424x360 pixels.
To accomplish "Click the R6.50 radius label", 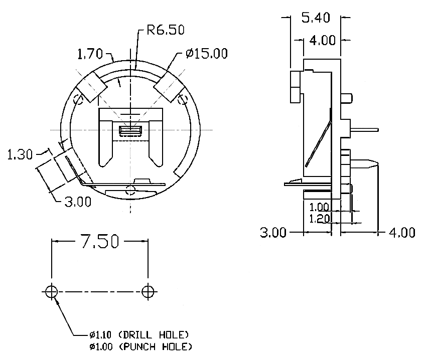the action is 166,30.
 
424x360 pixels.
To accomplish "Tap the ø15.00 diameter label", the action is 207,54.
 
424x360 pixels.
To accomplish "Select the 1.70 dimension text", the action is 90,54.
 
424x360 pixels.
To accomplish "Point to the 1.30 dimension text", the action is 20,155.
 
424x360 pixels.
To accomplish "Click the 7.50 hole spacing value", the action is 100,241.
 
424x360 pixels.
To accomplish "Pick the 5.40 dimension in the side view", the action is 316,18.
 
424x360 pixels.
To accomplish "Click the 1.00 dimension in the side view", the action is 319,208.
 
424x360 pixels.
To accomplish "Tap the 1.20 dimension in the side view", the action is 319,219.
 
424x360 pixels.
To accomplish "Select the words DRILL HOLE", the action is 154,335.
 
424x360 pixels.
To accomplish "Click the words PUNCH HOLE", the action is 155,346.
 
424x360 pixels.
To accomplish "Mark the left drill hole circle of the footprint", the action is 51,292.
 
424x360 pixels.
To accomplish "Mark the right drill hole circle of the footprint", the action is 148,292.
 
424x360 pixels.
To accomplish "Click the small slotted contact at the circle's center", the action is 130,130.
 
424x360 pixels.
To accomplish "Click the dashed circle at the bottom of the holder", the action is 130,190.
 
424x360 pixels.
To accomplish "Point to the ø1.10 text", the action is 100,335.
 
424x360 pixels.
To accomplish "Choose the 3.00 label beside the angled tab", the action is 78,202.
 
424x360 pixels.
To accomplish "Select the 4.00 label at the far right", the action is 401,233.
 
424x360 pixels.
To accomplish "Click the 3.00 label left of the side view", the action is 273,233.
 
